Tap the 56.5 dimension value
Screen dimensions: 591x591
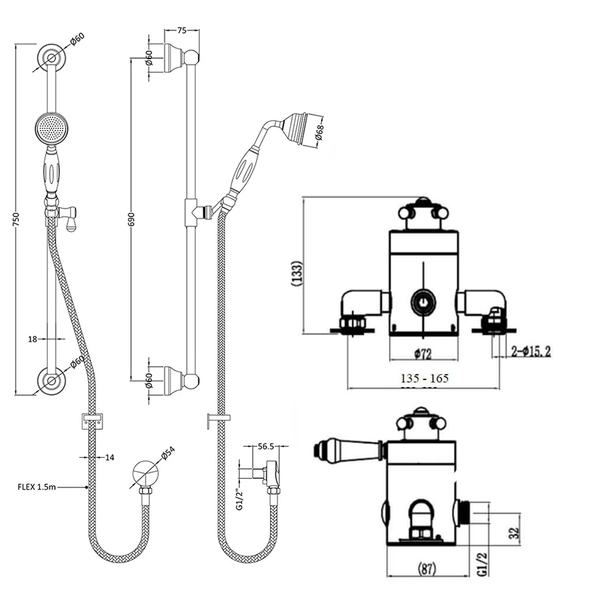coord(267,447)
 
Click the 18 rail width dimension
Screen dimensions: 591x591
coord(33,339)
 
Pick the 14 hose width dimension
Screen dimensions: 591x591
coord(110,457)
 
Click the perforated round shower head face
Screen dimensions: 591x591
coord(51,128)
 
